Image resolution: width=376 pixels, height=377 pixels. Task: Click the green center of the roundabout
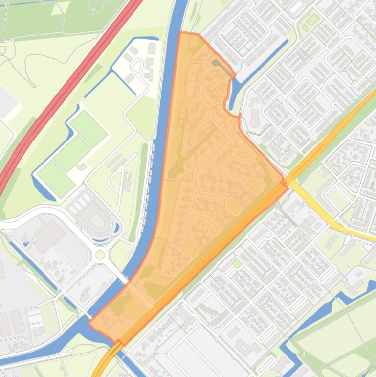coord(100,255)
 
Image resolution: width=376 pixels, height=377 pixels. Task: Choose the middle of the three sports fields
coord(72,153)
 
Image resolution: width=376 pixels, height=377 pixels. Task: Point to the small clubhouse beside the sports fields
coord(81,167)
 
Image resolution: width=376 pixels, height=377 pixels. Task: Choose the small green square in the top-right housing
coord(313,20)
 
